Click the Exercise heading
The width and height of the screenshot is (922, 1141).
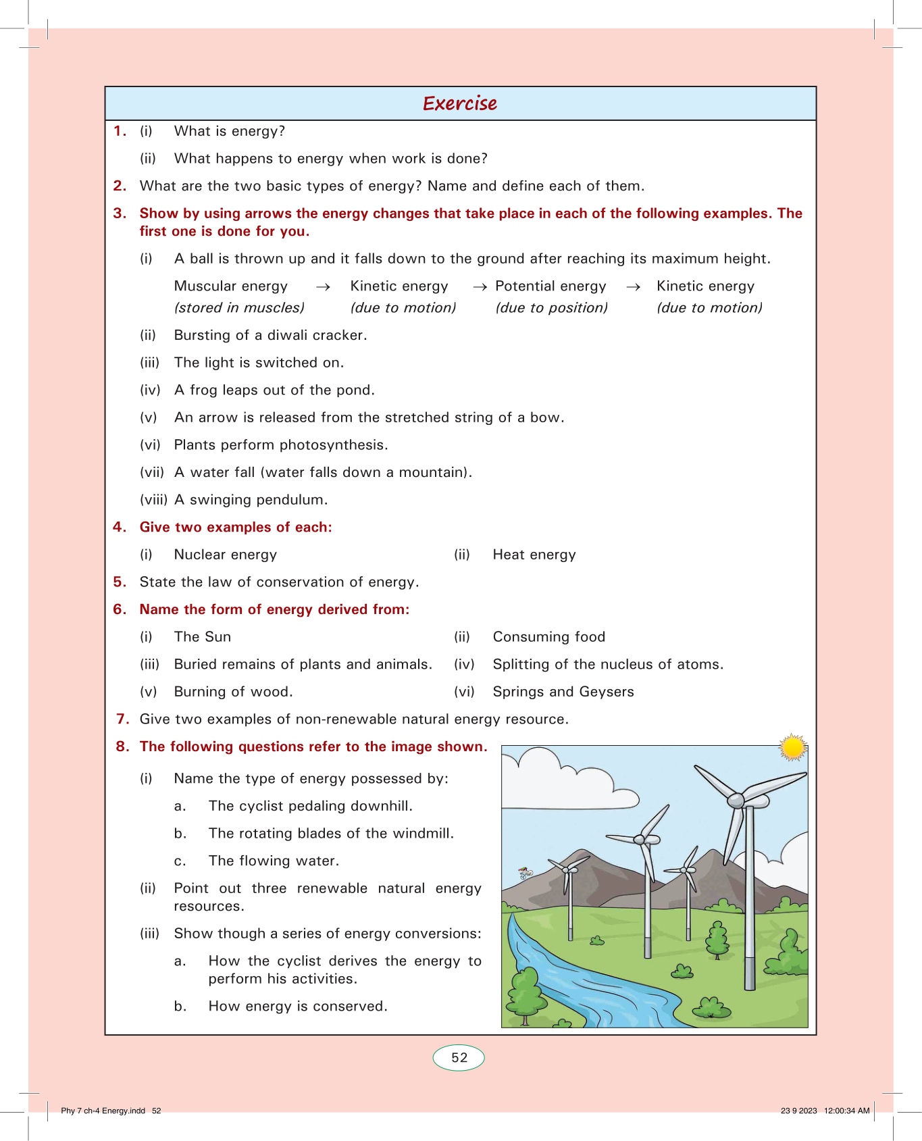tap(460, 103)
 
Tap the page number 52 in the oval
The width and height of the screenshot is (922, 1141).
tap(459, 1057)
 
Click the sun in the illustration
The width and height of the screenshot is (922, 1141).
tap(792, 748)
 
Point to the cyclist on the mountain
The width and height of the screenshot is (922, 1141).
tap(526, 873)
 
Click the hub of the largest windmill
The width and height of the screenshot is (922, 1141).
tap(736, 801)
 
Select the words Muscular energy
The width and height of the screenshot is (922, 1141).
tap(231, 286)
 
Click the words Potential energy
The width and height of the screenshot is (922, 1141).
tap(550, 286)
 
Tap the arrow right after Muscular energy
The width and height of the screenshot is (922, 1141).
tap(323, 287)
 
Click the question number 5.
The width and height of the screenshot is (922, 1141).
tap(120, 582)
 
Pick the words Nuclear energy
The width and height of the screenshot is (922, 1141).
tap(226, 555)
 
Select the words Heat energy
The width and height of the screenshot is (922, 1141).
tap(534, 555)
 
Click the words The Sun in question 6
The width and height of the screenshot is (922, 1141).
tap(203, 637)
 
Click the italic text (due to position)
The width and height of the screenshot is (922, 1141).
tap(552, 308)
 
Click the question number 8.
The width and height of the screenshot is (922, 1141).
tap(122, 746)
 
